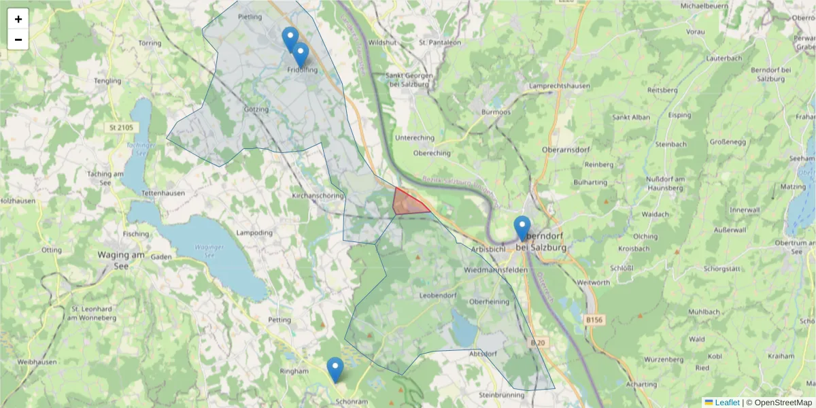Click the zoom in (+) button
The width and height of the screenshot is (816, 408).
(x=18, y=19)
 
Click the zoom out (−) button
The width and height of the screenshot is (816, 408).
(x=18, y=39)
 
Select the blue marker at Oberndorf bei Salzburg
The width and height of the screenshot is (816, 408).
(x=522, y=227)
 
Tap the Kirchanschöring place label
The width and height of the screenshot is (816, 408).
(x=318, y=195)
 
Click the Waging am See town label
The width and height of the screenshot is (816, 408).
(x=121, y=255)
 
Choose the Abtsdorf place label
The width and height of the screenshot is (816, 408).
(x=484, y=354)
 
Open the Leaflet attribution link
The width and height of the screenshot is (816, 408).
(x=726, y=403)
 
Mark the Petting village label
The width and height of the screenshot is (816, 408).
(x=279, y=319)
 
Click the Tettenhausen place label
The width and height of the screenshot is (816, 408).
(x=163, y=193)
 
